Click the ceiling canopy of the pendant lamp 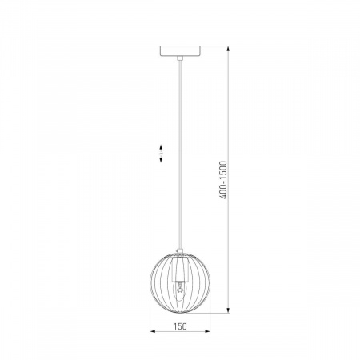coord(180,51)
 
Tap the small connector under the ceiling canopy coord(180,58)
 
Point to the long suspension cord coord(180,154)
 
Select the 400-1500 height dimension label coord(222,180)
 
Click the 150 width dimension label coord(180,326)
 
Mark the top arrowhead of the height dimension coord(228,49)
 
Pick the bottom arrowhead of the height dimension coord(228,310)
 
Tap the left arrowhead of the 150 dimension coord(153,331)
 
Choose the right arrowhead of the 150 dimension coord(207,331)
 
